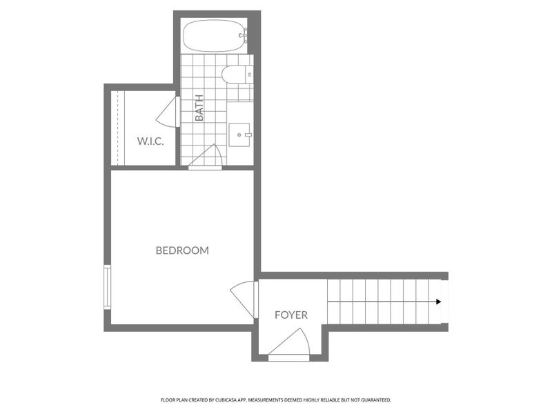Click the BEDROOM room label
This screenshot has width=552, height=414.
[182, 250]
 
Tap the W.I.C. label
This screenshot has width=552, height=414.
[150, 141]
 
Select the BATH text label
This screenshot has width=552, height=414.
[199, 108]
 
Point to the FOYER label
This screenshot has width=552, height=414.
[291, 315]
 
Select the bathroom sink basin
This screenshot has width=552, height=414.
[241, 135]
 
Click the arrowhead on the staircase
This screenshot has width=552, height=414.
[439, 302]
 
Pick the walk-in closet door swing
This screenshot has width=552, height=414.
[168, 110]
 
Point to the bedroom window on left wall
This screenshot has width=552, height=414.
[106, 286]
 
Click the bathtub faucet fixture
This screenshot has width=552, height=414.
[242, 34]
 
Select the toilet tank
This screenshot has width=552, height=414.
[248, 75]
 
